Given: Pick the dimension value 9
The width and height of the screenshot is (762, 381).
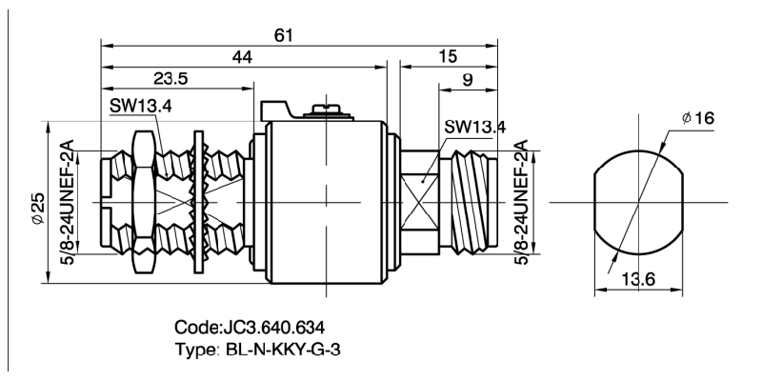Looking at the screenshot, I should click(468, 81).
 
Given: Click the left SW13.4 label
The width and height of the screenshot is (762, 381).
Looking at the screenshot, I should click(140, 107).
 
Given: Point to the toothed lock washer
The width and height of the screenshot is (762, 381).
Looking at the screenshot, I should click(200, 202).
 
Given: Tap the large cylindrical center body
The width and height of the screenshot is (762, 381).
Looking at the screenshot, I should click(324, 202).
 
